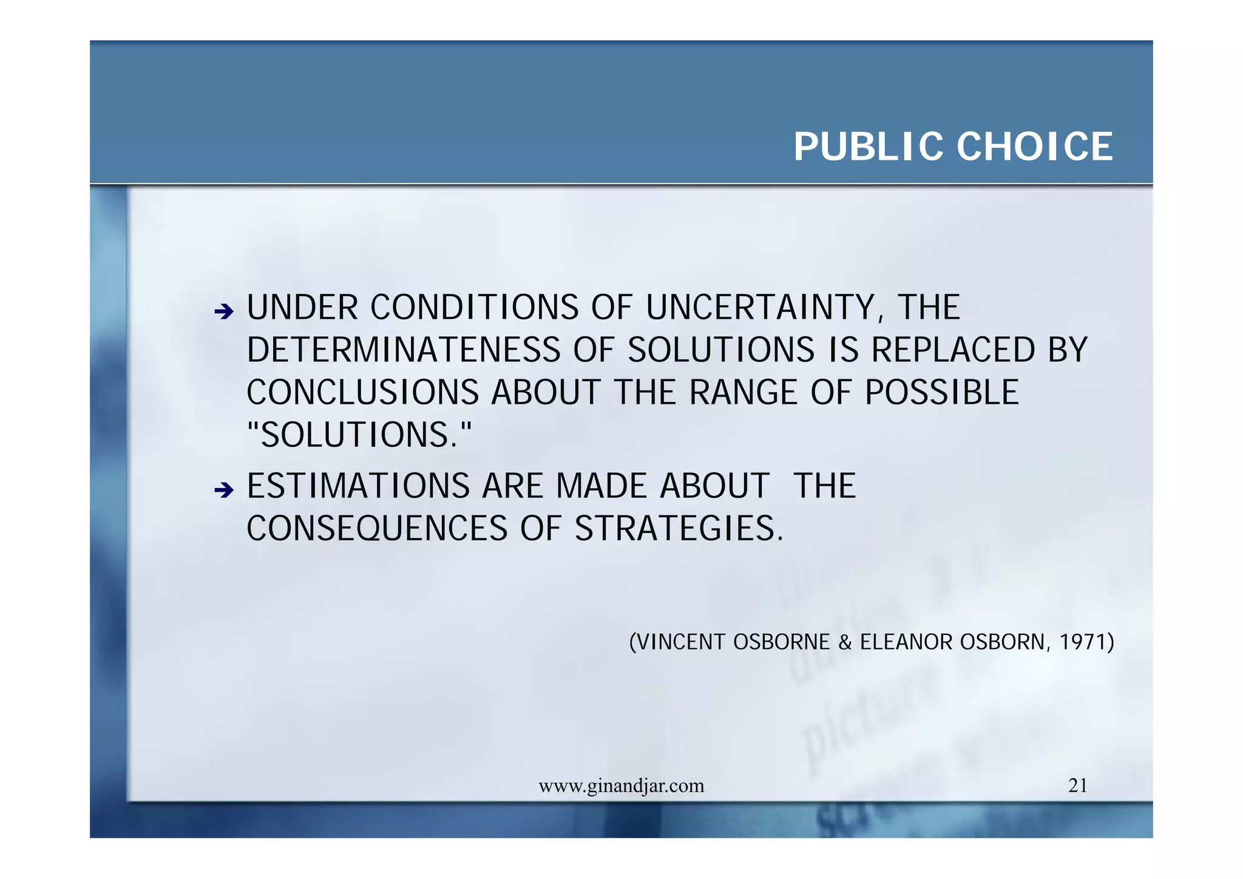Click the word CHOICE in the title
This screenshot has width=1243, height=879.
(1034, 147)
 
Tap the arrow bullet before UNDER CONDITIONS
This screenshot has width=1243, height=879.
(224, 312)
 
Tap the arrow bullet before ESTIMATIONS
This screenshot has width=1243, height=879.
(224, 489)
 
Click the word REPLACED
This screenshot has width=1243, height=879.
(953, 350)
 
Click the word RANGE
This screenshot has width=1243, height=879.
(743, 393)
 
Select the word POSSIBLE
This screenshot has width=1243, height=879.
(941, 393)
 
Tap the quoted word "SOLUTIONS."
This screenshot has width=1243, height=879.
(359, 435)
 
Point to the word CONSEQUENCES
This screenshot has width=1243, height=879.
(376, 529)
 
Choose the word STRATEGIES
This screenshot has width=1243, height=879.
(679, 529)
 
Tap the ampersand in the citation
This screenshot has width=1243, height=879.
(844, 642)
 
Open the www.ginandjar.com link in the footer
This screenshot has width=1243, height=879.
(621, 786)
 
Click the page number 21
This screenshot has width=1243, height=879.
(1077, 786)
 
